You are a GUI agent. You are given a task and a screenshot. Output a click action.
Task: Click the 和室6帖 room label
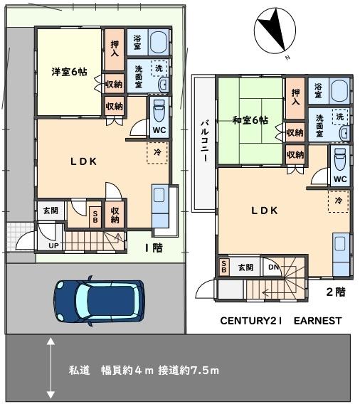coord(250,119)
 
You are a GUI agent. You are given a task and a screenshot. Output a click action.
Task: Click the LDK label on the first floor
coord(83,161)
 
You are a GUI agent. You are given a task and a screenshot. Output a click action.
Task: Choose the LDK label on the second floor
coord(263,211)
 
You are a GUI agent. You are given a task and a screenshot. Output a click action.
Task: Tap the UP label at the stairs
coord(53,246)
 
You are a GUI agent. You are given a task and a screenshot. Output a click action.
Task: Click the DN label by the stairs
coord(274,267)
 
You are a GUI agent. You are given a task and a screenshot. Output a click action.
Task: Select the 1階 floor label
coord(154,248)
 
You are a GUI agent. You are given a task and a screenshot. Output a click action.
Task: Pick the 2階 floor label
coord(335,292)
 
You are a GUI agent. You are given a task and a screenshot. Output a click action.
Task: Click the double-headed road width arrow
coord(51,368)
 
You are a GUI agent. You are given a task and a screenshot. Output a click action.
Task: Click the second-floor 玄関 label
coord(245,267)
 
